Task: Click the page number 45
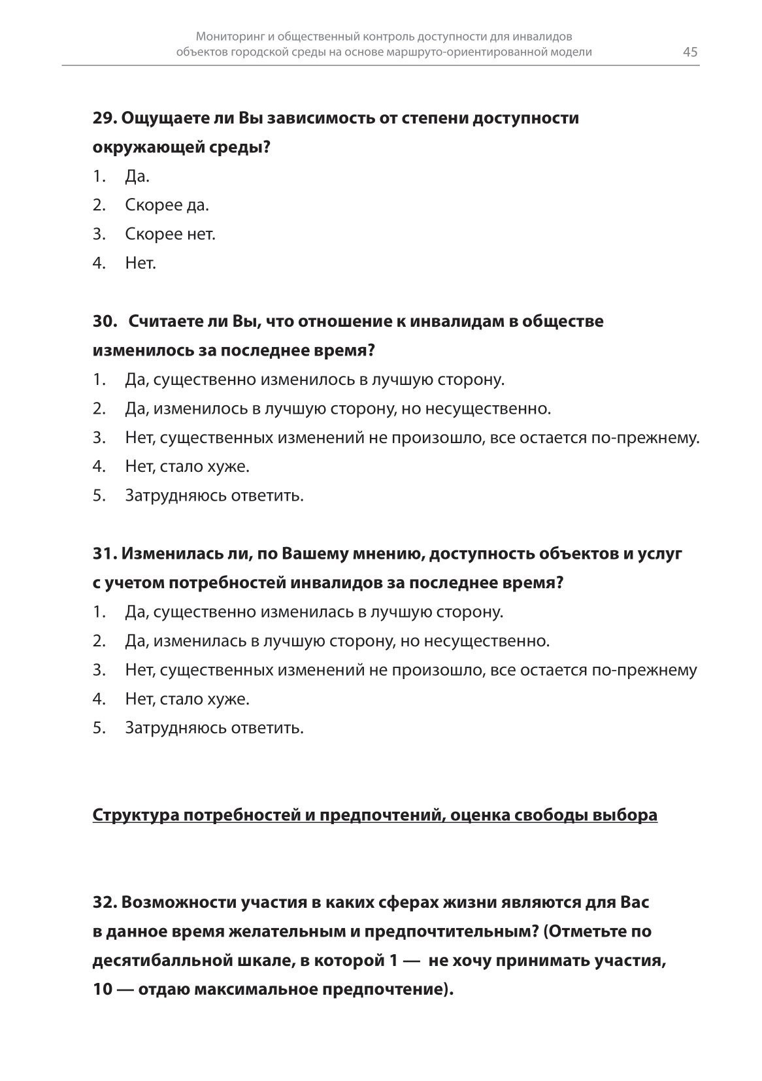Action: point(690,52)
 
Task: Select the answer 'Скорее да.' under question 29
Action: point(167,205)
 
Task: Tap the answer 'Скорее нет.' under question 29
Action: point(170,234)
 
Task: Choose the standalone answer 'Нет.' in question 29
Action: point(141,263)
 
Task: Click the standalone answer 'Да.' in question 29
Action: point(137,176)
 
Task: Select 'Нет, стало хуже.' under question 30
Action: point(188,467)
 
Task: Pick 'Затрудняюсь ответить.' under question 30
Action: point(214,495)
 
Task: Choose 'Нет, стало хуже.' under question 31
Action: point(188,699)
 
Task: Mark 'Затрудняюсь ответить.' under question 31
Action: point(214,727)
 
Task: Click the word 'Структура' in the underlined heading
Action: point(134,815)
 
